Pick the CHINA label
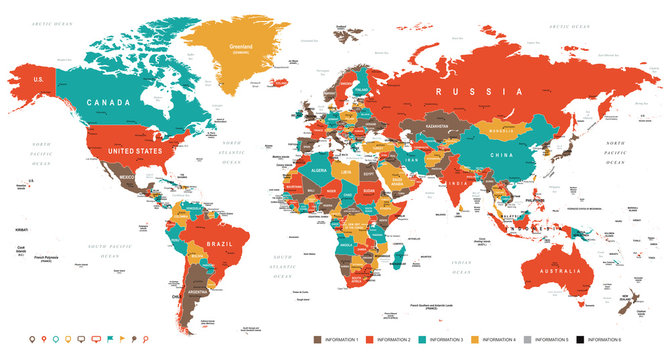click(x=503, y=156)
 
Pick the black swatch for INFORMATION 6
click(x=580, y=340)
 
